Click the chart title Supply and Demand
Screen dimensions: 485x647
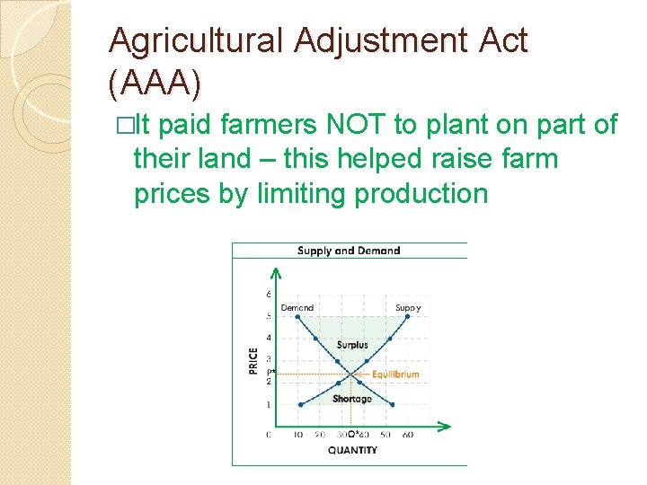point(349,251)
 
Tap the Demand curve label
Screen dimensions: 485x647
point(297,307)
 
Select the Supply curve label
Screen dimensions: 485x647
point(408,307)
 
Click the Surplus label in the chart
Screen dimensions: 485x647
point(352,345)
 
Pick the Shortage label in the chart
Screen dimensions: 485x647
point(351,399)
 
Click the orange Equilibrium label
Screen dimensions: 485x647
point(395,374)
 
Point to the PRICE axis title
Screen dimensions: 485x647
point(254,360)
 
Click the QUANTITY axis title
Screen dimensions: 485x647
point(351,450)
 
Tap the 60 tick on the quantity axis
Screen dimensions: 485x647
point(408,435)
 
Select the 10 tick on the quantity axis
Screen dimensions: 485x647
point(298,435)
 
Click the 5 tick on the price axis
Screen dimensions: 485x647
point(269,316)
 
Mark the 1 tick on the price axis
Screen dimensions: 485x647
point(269,404)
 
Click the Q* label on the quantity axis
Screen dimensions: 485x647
point(354,435)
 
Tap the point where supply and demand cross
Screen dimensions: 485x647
point(352,373)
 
